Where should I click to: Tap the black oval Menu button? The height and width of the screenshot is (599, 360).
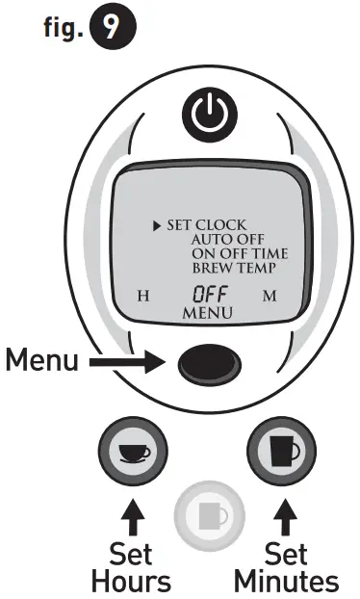207,363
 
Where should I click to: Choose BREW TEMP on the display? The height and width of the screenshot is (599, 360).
230,269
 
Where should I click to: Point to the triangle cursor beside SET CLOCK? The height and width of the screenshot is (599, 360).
156,226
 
